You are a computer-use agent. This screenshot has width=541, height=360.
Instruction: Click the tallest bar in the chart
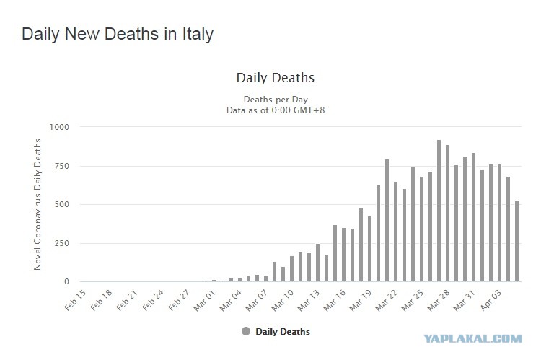click(x=439, y=211)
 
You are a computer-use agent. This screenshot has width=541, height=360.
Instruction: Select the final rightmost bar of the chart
click(x=517, y=241)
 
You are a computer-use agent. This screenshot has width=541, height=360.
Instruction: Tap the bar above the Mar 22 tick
click(x=395, y=232)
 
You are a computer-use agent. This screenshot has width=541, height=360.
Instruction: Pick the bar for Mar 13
click(x=318, y=263)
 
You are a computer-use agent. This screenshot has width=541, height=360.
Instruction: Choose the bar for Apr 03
click(x=500, y=223)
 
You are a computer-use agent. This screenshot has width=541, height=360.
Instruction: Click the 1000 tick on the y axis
click(x=59, y=127)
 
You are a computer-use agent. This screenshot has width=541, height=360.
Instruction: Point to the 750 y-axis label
click(x=61, y=166)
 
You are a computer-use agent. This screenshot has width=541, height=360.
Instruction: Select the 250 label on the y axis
click(x=61, y=243)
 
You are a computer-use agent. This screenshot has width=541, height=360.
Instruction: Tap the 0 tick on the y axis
click(x=66, y=281)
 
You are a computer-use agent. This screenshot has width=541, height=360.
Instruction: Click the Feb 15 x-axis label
click(x=75, y=300)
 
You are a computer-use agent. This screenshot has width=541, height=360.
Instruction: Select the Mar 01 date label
click(x=205, y=300)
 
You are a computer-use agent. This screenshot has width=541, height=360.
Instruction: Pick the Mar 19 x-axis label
click(x=360, y=300)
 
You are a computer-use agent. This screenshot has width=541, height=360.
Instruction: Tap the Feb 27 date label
click(x=179, y=300)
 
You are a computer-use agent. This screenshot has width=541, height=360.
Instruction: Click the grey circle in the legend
click(x=246, y=331)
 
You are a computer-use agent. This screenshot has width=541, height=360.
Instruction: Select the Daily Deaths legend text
click(x=283, y=332)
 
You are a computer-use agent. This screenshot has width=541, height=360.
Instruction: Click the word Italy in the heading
click(x=198, y=35)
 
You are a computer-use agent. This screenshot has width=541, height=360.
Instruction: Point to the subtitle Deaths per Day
click(x=276, y=100)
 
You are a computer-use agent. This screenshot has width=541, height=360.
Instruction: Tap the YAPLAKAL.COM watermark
click(x=472, y=338)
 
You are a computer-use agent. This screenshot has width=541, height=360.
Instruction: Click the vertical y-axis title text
click(x=38, y=204)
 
